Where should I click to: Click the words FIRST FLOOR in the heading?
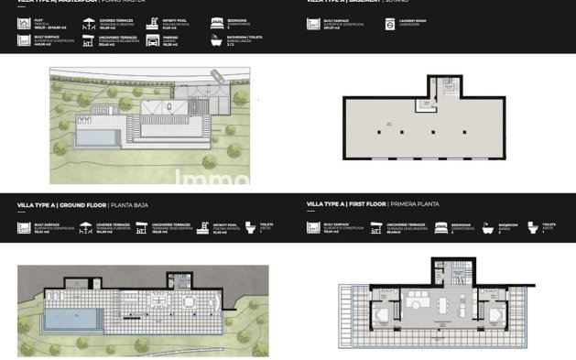pos(364,206)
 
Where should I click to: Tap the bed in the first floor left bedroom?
pos(379,317)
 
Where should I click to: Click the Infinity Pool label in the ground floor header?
pos(223,223)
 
